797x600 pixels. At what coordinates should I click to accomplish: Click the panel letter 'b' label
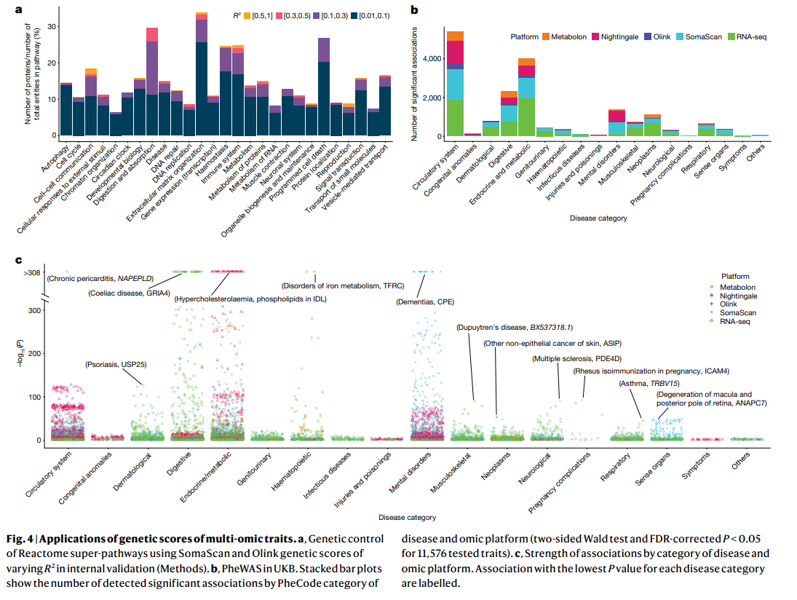pos(414,9)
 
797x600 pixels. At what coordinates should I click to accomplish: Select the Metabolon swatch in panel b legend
pos(545,36)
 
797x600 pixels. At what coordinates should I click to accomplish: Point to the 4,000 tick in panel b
pos(432,58)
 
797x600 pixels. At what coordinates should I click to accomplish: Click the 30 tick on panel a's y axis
pos(52,26)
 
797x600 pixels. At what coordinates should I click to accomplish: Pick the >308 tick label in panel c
pos(32,272)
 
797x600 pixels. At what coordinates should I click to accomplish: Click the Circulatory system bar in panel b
pos(455,84)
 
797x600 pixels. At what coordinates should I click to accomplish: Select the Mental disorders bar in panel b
pos(616,122)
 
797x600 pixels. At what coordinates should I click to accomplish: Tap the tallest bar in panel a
pos(202,74)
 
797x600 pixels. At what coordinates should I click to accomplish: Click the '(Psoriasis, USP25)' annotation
pos(116,365)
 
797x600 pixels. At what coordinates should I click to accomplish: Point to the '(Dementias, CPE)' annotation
pos(425,302)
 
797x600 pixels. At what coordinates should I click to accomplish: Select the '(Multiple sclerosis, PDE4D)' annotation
pos(577,359)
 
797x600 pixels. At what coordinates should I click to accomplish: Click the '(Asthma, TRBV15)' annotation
pos(649,384)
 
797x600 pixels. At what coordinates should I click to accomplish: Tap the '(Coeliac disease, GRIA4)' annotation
pos(129,293)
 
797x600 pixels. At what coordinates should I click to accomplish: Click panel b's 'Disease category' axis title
pos(598,218)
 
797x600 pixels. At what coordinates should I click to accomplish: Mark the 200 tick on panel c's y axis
pos(34,353)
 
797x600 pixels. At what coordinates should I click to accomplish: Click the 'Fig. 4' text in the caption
pos(20,539)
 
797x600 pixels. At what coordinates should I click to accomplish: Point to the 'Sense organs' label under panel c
pos(653,468)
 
